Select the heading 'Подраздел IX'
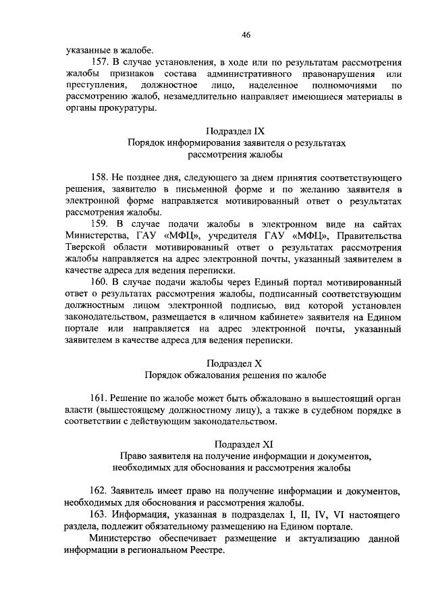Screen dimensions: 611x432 point(242,130)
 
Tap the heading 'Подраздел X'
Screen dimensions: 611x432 point(242,363)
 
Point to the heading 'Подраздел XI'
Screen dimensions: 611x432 point(242,444)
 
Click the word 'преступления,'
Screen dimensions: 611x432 point(97,85)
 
